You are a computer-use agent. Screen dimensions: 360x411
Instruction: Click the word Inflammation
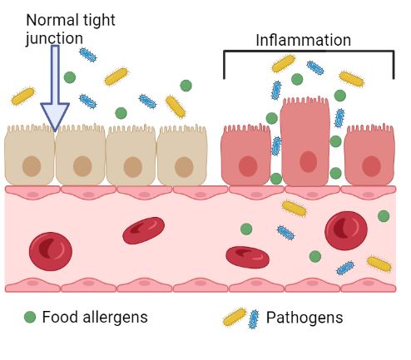coord(303,40)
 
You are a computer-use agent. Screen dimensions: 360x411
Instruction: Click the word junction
coord(54,38)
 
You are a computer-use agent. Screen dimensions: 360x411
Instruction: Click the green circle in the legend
coord(30,317)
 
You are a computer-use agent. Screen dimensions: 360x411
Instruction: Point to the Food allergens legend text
coord(94,317)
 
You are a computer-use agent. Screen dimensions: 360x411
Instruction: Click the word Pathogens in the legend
coord(304,318)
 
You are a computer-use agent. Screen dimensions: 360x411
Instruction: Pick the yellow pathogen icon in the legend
coord(235,317)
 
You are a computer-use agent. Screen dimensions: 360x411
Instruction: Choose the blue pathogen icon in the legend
coord(253,318)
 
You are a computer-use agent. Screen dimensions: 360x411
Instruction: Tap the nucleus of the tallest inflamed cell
coord(308,161)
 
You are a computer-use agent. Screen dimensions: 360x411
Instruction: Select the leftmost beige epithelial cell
coord(30,155)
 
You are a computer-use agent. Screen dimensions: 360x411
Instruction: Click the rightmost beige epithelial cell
coord(182,155)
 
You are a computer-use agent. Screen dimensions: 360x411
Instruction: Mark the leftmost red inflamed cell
coord(246,155)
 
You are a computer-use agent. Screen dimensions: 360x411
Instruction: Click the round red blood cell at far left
coord(51,250)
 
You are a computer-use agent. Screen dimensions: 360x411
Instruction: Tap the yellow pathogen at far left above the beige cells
coord(23,96)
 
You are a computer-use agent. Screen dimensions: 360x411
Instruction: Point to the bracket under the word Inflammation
coord(309,52)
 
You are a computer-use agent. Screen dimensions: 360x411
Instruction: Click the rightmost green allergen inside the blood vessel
coord(384,216)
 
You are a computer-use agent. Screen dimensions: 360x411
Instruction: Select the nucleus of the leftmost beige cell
coord(32,166)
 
